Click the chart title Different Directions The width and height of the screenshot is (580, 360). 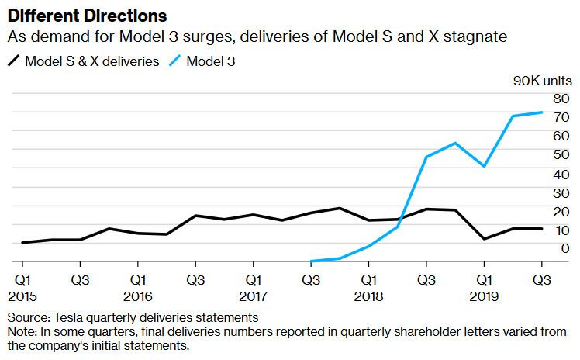pos(86,15)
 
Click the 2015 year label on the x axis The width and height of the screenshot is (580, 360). pos(22,296)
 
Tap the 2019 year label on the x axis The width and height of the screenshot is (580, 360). pos(485,296)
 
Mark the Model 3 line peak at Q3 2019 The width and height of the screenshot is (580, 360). pos(542,112)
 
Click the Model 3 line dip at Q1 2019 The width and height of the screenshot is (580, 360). pos(485,166)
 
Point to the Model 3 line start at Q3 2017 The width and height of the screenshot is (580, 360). pos(311,261)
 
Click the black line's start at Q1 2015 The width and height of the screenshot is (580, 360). pos(22,243)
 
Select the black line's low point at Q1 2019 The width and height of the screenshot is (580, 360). pos(485,239)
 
